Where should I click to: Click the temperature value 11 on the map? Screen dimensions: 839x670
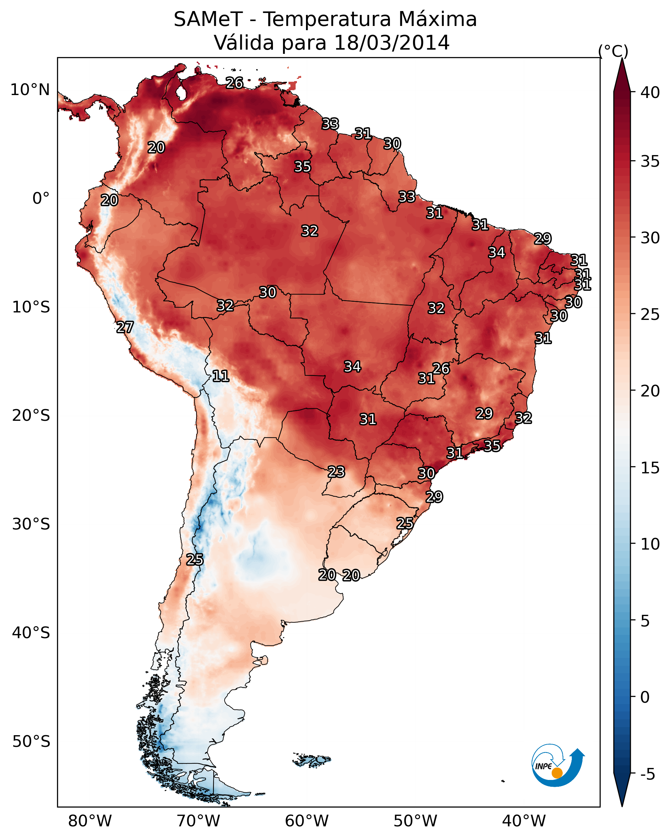[220, 376]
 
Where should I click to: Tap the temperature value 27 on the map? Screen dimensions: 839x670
[125, 327]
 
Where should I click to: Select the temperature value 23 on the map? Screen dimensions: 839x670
[336, 472]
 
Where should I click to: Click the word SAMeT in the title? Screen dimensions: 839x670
[208, 19]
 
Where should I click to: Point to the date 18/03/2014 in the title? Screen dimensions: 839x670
[392, 43]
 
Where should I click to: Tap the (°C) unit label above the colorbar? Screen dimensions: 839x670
[613, 51]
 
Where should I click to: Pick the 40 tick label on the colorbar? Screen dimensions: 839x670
[650, 92]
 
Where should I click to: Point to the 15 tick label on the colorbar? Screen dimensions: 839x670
[650, 468]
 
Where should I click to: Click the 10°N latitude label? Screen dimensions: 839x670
[30, 90]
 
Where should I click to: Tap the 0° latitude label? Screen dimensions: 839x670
[41, 199]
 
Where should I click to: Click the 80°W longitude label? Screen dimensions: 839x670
[90, 821]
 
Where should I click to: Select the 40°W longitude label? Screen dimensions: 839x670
[524, 821]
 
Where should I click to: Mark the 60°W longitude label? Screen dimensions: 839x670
[307, 821]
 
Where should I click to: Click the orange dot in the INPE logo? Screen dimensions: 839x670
[557, 773]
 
